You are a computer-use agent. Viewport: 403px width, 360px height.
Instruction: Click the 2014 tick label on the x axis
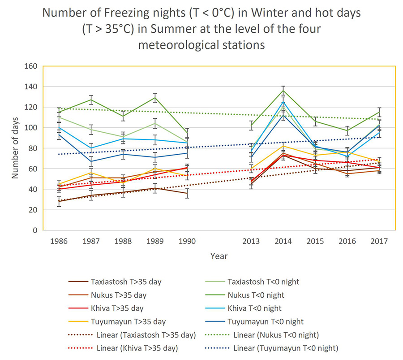coord(283,241)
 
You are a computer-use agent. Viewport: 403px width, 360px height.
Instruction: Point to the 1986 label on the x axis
coord(59,241)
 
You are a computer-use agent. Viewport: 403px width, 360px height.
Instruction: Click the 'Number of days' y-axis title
coord(15,148)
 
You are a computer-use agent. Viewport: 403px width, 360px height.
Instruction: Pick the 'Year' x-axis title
coord(219,256)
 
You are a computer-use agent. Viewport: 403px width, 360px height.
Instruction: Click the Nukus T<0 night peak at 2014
coord(283,91)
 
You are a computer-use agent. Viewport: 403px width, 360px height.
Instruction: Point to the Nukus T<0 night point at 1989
coord(155,98)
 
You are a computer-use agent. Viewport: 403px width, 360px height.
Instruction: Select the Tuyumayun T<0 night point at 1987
coord(91,161)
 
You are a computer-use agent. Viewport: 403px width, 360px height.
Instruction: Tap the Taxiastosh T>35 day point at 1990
coord(187,193)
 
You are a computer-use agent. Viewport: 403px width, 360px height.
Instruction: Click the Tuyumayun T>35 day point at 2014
coord(283,146)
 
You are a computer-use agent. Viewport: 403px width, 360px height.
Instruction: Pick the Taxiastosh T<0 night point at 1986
coord(59,117)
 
